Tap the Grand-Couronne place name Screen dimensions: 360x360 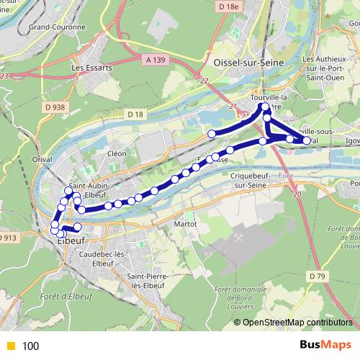coord(56,27)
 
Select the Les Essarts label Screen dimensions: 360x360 coord(88,69)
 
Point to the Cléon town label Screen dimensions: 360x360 coord(117,153)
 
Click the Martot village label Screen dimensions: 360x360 coord(186,224)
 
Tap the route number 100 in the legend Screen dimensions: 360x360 coord(30,346)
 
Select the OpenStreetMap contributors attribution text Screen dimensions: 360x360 coord(297,323)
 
